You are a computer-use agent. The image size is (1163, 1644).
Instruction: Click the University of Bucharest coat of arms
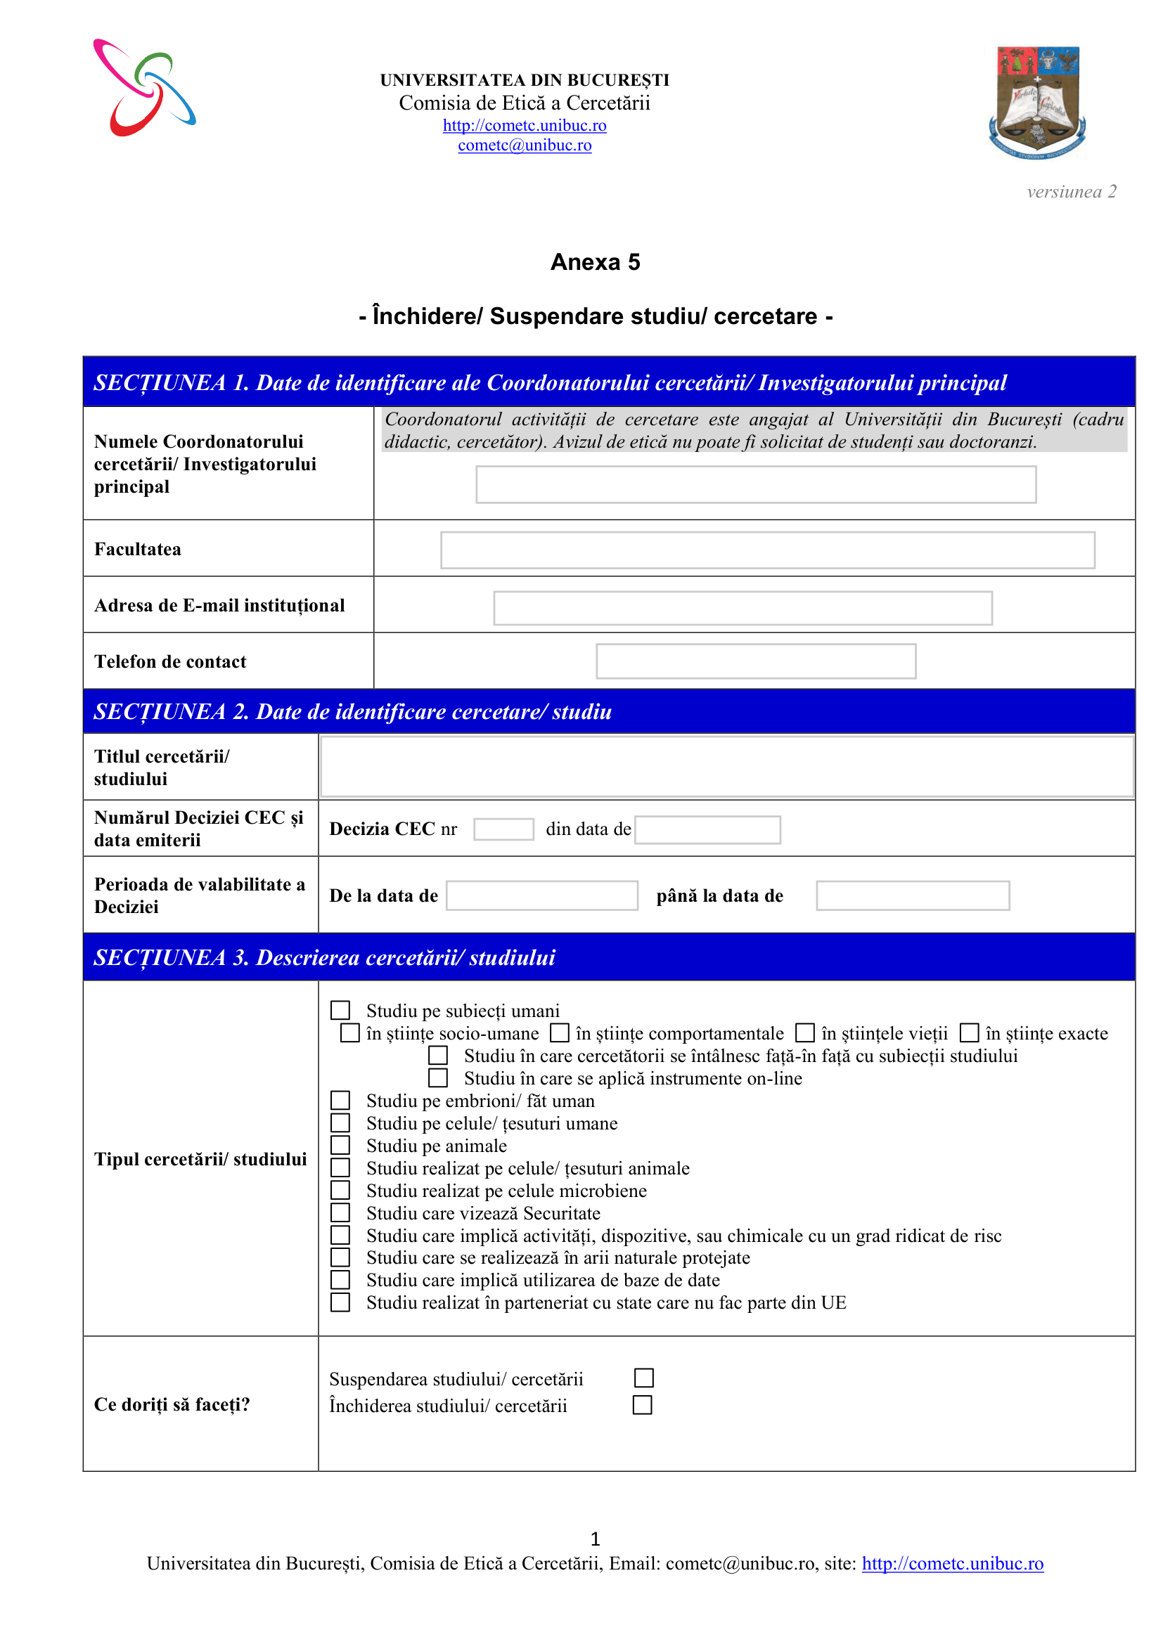click(x=1037, y=102)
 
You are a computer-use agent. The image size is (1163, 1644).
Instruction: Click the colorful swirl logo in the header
click(x=144, y=87)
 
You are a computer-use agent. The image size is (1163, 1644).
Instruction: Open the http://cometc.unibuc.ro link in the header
click(x=525, y=125)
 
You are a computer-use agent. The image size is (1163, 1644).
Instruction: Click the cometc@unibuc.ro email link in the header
click(x=525, y=145)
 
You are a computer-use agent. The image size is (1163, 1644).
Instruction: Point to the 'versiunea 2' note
click(x=1072, y=191)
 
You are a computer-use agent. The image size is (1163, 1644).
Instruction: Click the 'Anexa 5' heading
click(x=595, y=262)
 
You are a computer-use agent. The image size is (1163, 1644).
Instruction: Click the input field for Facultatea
click(x=767, y=550)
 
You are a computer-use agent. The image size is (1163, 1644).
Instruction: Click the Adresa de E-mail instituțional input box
click(x=743, y=608)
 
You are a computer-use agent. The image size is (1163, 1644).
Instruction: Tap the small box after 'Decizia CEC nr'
click(x=503, y=829)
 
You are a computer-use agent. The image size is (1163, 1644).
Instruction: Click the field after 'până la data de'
click(x=913, y=895)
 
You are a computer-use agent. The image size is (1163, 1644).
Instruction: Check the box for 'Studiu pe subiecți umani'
click(x=340, y=1010)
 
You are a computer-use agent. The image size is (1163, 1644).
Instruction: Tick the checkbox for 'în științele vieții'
click(x=806, y=1033)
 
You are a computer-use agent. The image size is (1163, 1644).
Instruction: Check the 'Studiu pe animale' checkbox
click(x=340, y=1145)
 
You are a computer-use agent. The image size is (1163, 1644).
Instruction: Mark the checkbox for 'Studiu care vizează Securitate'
click(x=340, y=1212)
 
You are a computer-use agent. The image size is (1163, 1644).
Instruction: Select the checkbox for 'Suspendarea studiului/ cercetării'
click(x=644, y=1378)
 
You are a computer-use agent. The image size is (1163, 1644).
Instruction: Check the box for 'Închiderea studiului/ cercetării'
click(x=643, y=1405)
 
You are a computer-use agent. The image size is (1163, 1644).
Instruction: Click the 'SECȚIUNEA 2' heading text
click(x=352, y=712)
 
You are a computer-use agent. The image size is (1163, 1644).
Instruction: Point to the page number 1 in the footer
click(x=595, y=1538)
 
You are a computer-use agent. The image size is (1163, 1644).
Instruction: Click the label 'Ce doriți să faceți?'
click(x=172, y=1404)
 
